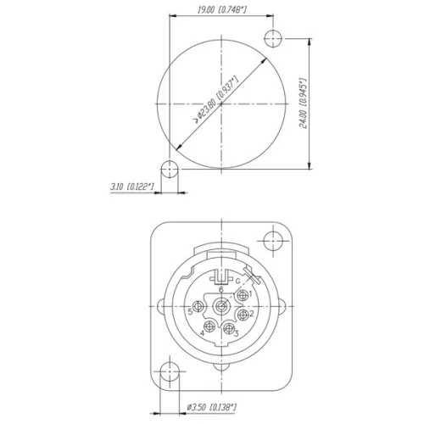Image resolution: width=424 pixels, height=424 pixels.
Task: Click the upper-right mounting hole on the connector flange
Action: (x=272, y=241)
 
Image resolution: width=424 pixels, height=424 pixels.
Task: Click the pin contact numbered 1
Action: (x=243, y=294)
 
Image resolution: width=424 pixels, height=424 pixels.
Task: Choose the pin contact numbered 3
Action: (x=228, y=327)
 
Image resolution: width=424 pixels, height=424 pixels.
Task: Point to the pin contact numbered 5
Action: (x=198, y=309)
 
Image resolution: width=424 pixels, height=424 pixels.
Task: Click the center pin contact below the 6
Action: (x=221, y=303)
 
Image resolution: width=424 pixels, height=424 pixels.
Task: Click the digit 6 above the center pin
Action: (x=221, y=289)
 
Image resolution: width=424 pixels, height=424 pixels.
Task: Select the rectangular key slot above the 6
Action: (x=220, y=276)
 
